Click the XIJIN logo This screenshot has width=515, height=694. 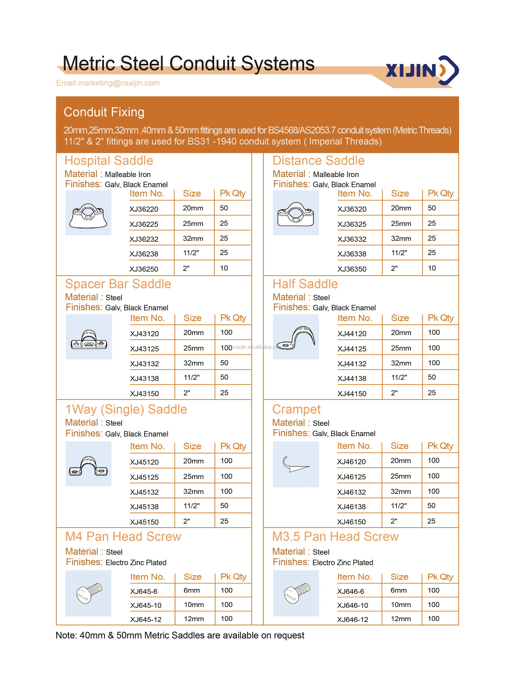422,70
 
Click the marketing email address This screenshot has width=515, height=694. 108,83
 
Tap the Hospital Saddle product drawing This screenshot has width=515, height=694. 88,213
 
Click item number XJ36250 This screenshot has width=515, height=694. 144,269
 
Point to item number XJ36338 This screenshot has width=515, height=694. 352,254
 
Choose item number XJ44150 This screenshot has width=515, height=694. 352,394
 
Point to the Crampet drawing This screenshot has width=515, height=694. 296,465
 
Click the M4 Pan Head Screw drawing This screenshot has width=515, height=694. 89,593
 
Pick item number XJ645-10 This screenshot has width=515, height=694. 146,605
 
